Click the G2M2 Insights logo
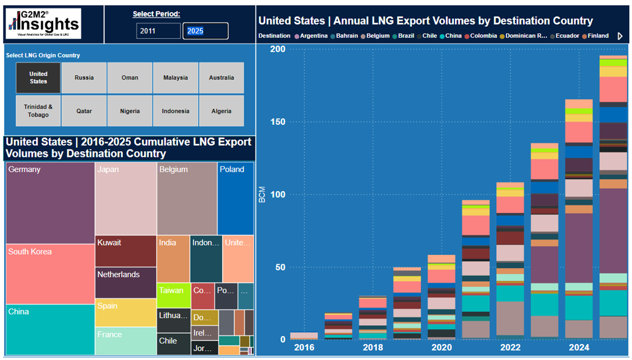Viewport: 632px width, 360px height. point(43,23)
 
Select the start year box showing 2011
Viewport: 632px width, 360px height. point(158,31)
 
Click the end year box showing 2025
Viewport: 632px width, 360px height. point(205,31)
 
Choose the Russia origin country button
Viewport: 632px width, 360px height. point(84,78)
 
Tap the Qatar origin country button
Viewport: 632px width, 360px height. point(84,111)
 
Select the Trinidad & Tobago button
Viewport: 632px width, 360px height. point(38,111)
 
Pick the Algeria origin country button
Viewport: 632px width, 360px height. point(221,111)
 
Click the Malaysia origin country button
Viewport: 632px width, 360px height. point(175,78)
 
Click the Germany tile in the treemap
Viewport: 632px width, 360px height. point(50,203)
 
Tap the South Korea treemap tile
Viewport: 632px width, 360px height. point(50,274)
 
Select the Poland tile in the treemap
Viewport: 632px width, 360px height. point(235,199)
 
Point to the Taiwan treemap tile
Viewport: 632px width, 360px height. point(173,294)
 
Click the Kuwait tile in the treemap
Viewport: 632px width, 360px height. point(126,251)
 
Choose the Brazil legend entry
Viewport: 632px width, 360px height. point(404,36)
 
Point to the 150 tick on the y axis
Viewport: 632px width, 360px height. point(277,122)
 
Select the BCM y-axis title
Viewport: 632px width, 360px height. point(262,195)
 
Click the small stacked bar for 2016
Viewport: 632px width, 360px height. point(304,336)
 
